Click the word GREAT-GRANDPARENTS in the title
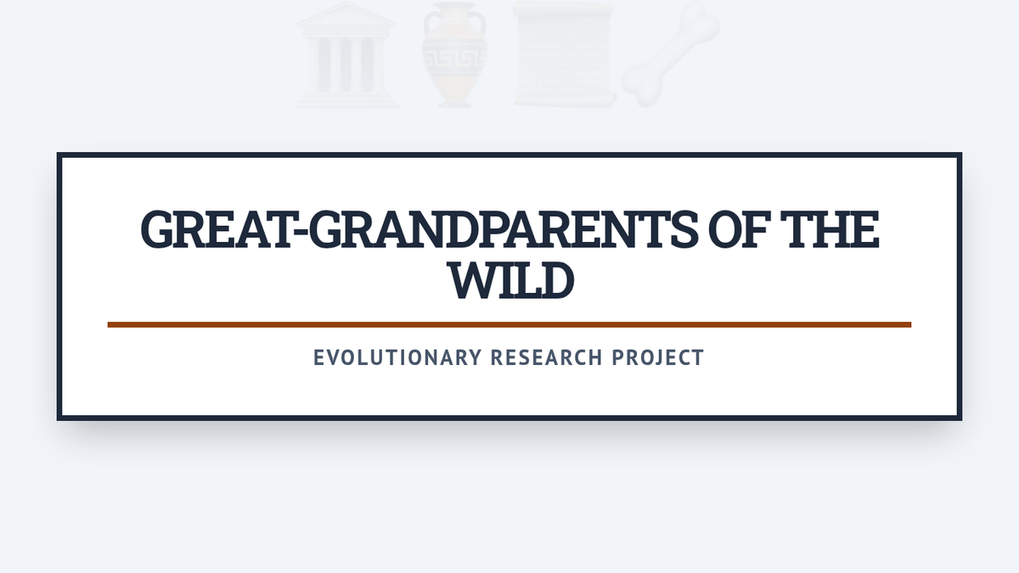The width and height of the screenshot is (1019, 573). point(419,229)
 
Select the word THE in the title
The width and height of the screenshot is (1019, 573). point(830,229)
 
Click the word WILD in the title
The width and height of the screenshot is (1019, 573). point(510,279)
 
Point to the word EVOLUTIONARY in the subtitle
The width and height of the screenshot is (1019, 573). point(397,357)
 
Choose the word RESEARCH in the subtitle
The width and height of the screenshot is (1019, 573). point(547,357)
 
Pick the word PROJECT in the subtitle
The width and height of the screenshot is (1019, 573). point(658,357)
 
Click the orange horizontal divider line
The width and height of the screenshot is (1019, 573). point(509,324)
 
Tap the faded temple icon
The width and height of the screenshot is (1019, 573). point(346,54)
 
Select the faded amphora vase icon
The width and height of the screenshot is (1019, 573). point(454,54)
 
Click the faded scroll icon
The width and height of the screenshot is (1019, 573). point(563,54)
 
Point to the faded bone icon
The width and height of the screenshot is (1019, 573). point(671,54)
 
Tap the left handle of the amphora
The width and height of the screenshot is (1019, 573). point(429,25)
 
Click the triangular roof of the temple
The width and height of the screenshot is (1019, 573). point(346,14)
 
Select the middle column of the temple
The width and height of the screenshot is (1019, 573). point(346,65)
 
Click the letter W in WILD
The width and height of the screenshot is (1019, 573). point(473,279)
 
